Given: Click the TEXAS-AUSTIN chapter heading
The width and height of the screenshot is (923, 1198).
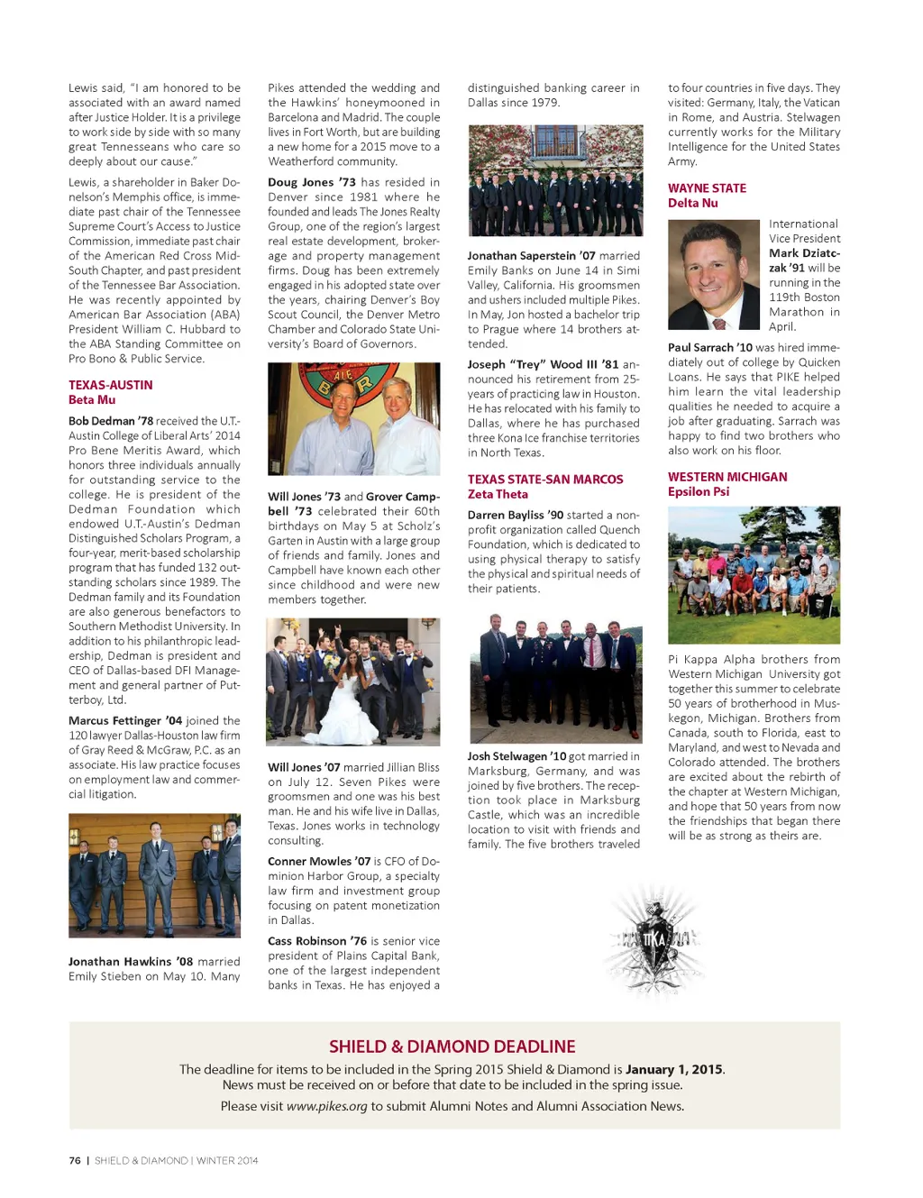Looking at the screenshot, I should (110, 385).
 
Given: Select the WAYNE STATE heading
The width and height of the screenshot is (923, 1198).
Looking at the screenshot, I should (707, 188).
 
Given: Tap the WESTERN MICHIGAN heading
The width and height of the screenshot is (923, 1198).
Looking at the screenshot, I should (727, 477).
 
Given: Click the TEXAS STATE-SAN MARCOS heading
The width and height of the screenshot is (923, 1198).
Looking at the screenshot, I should (544, 480).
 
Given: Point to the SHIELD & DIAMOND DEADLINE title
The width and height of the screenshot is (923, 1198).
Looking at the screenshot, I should (452, 1047).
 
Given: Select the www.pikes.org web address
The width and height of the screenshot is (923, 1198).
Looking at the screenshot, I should (326, 1106).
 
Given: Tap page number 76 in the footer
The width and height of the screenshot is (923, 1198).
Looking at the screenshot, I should (75, 1160).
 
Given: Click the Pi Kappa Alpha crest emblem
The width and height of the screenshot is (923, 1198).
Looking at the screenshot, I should (654, 940).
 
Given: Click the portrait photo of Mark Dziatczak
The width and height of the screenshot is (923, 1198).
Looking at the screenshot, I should (714, 274).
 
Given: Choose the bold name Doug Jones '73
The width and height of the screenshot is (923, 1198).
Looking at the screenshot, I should (311, 182).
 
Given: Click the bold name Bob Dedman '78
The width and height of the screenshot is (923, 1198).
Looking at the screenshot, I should (111, 421).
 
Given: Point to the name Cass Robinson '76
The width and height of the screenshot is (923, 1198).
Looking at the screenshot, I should (316, 941).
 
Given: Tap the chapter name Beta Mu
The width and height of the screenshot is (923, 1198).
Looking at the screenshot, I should (92, 400).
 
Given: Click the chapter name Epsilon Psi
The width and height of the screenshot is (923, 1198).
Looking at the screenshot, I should (698, 492).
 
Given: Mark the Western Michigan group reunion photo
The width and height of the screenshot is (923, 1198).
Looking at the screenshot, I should (754, 574).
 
